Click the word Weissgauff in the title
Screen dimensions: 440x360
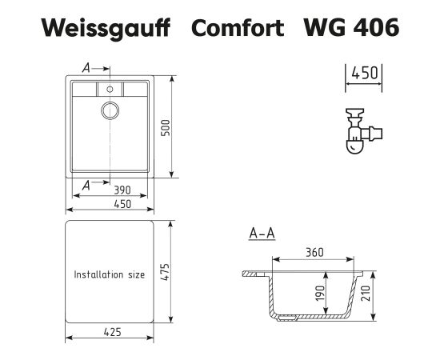[x=106, y=29]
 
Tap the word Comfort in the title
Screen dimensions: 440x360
[x=238, y=27]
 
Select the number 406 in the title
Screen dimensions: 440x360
[x=376, y=27]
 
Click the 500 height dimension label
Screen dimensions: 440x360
[x=166, y=128]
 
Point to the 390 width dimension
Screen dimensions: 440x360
[x=122, y=190]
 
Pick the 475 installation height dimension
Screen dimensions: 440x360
[x=165, y=272]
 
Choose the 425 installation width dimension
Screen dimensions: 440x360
[x=112, y=332]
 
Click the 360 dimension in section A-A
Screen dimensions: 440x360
[x=314, y=253]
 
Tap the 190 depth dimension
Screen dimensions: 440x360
[x=320, y=294]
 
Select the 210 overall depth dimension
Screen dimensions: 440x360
[x=366, y=294]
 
